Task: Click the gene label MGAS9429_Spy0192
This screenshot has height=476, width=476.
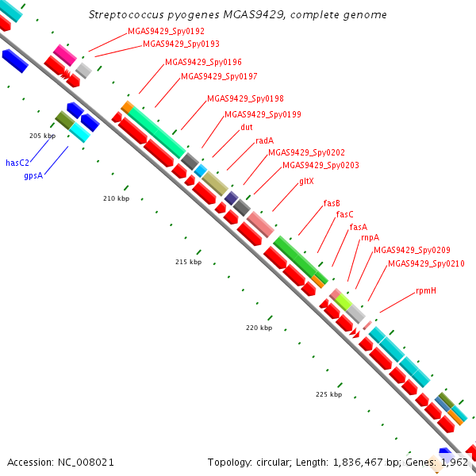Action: [166, 31]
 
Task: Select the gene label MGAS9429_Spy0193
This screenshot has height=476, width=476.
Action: [181, 44]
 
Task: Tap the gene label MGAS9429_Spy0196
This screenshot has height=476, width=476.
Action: [203, 62]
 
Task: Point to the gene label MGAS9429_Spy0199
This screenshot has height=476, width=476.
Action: [263, 114]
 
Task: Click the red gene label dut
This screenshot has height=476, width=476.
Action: [247, 127]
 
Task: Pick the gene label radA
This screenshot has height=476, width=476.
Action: [265, 140]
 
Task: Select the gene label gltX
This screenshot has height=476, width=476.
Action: [306, 181]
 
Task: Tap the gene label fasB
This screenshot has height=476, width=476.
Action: [332, 203]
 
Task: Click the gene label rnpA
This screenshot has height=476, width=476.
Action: [370, 237]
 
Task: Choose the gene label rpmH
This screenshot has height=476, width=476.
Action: [426, 291]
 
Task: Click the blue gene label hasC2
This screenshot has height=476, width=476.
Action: [17, 163]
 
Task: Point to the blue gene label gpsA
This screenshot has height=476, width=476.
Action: [33, 176]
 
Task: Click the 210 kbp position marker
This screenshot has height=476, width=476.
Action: [117, 198]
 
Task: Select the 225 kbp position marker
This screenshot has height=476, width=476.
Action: [328, 394]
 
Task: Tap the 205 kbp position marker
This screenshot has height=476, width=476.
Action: [43, 136]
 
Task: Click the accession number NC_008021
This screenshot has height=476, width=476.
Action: [86, 463]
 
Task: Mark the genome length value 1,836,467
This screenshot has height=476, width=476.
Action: [358, 463]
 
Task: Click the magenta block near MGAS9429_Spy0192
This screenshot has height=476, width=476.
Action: [65, 55]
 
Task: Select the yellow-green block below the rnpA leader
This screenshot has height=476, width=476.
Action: [344, 301]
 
